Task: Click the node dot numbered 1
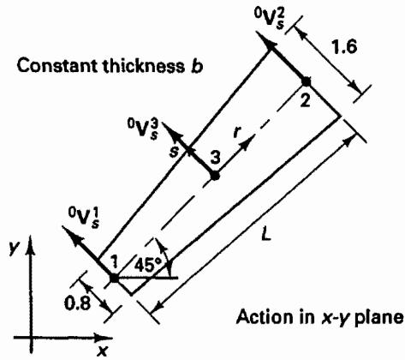[x=114, y=278]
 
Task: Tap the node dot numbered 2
[x=306, y=81]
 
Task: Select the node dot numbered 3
[x=215, y=176]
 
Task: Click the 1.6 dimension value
[x=344, y=46]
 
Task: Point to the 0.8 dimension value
[x=77, y=303]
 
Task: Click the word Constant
[x=57, y=66]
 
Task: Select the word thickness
[x=143, y=66]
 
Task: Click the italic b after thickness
[x=196, y=66]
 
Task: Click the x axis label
[x=102, y=351]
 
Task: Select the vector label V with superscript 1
[x=83, y=219]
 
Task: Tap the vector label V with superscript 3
[x=143, y=129]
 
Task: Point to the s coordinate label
[x=174, y=152]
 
